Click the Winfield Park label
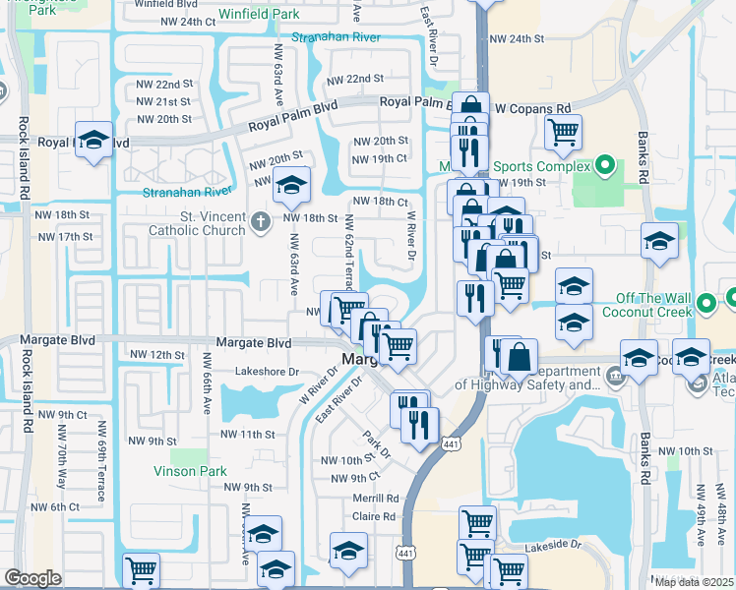click(259, 15)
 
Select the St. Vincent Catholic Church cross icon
click(260, 220)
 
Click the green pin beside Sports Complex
click(605, 166)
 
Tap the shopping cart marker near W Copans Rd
click(563, 132)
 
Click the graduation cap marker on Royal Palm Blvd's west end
click(94, 140)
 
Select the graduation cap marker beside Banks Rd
click(658, 240)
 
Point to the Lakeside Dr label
click(555, 544)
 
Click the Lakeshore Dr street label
click(267, 372)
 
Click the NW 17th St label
click(66, 237)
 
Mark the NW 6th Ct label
click(58, 506)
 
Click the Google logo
click(32, 578)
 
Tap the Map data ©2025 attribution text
click(694, 581)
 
